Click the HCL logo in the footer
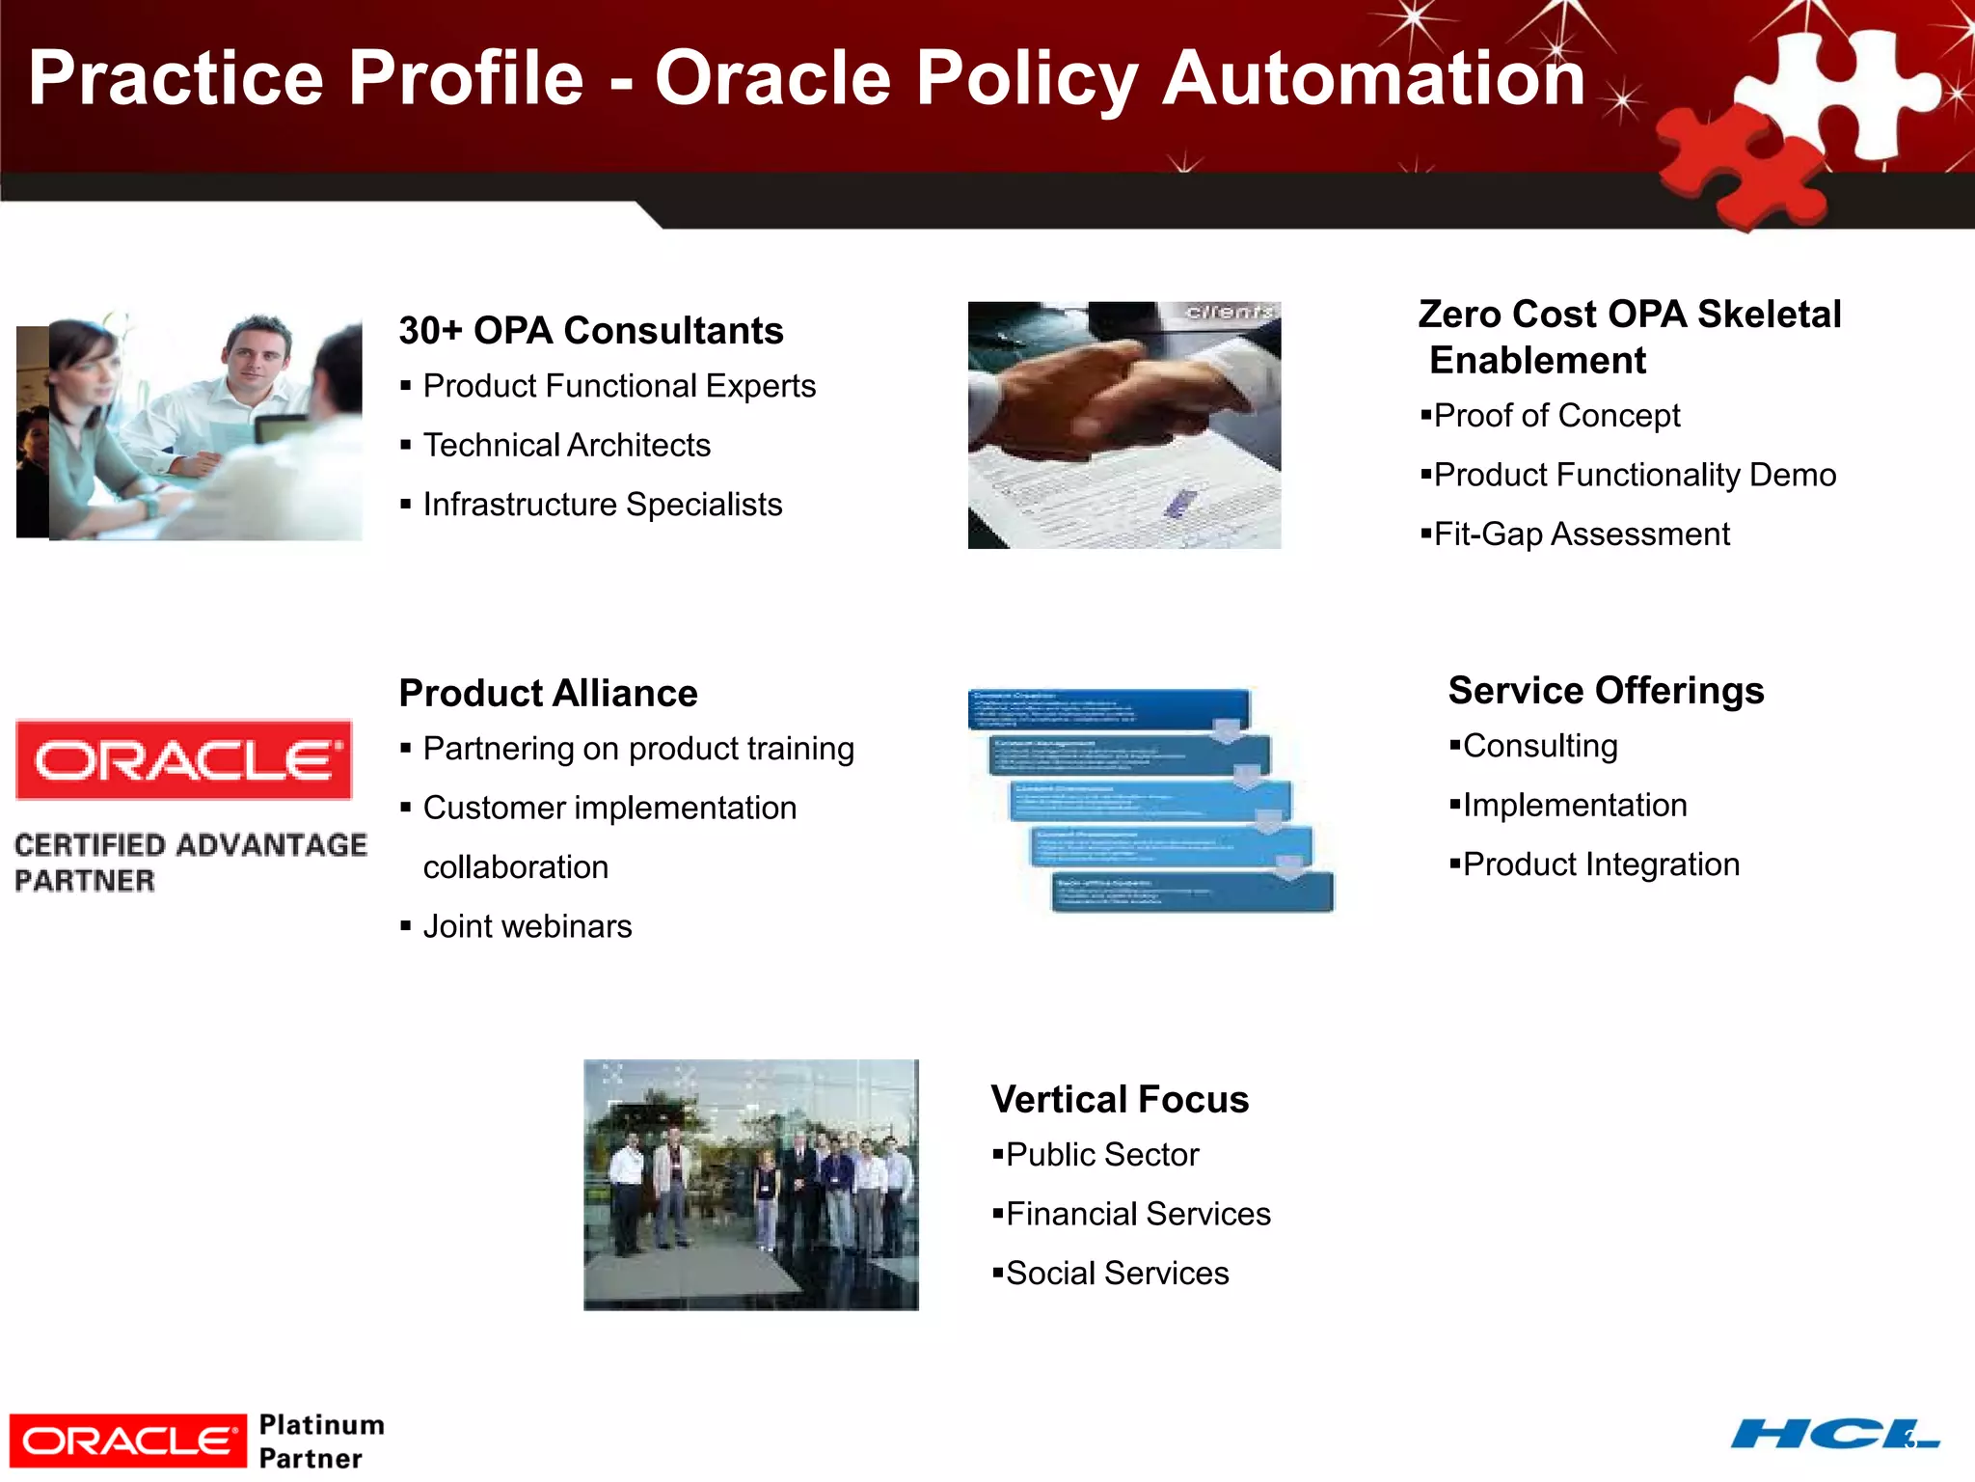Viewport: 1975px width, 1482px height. point(1832,1434)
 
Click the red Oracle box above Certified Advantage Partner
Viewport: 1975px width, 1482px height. point(183,760)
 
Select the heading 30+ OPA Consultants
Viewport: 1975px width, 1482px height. point(590,331)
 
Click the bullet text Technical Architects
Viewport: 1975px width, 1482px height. point(566,445)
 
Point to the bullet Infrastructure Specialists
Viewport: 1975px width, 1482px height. point(602,505)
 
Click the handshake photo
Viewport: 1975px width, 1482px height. point(1123,425)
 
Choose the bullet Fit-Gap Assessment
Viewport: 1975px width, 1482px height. point(1581,534)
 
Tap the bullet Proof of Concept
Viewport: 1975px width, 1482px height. point(1556,416)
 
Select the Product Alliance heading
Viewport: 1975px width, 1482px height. point(548,694)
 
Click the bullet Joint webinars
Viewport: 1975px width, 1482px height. point(527,926)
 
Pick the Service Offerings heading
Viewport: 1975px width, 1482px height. point(1606,691)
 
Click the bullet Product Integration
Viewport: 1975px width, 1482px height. point(1600,864)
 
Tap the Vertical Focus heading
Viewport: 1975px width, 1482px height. point(1119,1100)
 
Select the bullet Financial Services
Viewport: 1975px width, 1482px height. point(1137,1214)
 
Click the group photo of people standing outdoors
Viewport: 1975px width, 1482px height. point(750,1185)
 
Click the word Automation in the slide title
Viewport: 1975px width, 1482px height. point(1373,79)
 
